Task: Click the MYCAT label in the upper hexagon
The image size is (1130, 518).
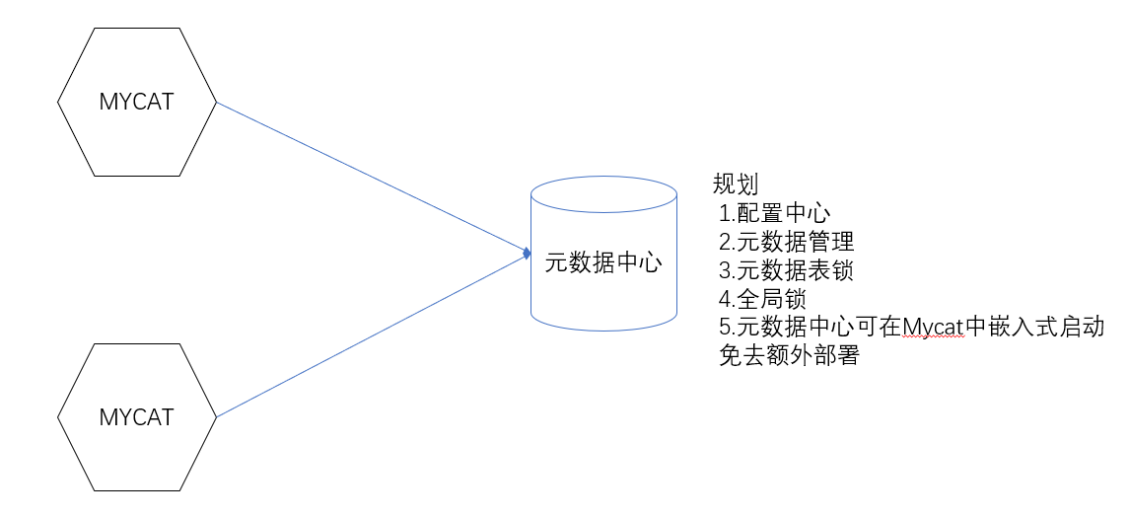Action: tap(136, 102)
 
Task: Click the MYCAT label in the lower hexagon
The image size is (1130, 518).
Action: tap(136, 417)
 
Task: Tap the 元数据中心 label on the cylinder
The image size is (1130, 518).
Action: tap(603, 262)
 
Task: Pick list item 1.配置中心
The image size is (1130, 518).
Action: tap(775, 213)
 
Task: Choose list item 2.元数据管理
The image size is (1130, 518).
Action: tap(786, 242)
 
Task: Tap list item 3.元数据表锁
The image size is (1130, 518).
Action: tap(786, 270)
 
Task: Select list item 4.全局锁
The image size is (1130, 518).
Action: tap(763, 299)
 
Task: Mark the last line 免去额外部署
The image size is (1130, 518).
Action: tap(789, 356)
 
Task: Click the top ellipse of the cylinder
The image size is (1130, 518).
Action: tap(603, 193)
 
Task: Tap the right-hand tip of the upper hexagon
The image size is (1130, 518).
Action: tap(216, 102)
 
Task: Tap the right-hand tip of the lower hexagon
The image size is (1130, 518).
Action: tap(216, 417)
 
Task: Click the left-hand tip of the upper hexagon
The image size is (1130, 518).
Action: tap(57, 102)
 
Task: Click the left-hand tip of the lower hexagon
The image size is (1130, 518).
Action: tap(57, 417)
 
